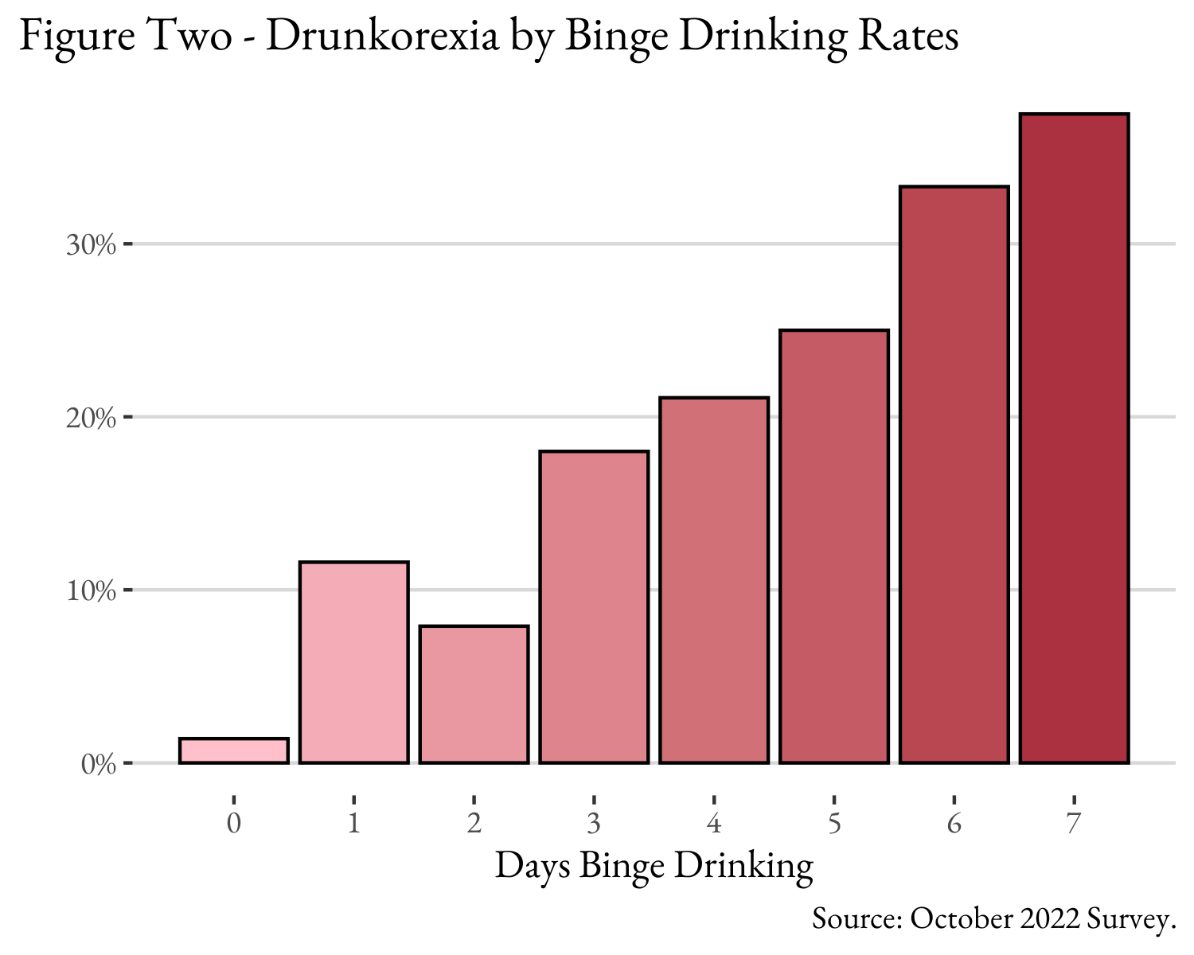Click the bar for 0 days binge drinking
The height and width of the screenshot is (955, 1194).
pos(234,751)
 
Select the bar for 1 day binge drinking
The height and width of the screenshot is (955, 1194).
pos(354,663)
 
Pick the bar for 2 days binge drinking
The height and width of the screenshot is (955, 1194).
pos(474,695)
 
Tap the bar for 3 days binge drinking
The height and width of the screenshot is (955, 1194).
pos(594,607)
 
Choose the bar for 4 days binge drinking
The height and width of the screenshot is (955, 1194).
pos(714,580)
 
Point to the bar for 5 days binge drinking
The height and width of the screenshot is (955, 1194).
pos(834,547)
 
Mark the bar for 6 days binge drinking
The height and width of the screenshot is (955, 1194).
pos(954,475)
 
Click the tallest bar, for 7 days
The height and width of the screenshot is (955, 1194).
pos(1075,439)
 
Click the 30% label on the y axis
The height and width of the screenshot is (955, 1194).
pos(91,244)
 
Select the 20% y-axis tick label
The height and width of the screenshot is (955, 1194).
pos(91,417)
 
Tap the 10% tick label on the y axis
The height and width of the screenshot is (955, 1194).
pos(91,591)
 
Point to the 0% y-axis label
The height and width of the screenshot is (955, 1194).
pos(99,764)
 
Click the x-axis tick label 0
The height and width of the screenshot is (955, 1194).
pos(233,823)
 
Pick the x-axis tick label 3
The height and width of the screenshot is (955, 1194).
pos(594,823)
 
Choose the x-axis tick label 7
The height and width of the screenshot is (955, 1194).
pos(1074,823)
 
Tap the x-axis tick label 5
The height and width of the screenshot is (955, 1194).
pos(834,823)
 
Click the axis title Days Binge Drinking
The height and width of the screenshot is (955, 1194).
pos(654,866)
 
